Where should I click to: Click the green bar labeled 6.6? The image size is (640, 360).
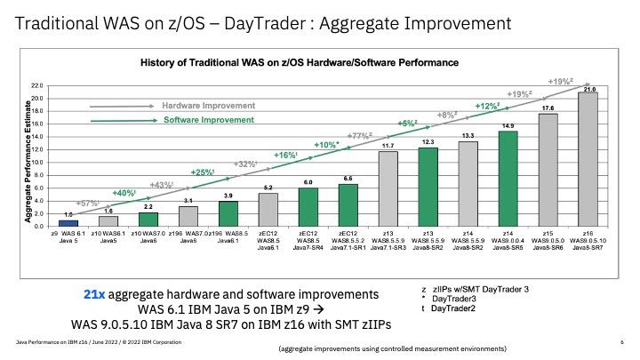tap(348, 205)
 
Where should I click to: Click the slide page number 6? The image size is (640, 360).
tap(619, 340)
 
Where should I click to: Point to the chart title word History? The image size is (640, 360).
tap(160, 63)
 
